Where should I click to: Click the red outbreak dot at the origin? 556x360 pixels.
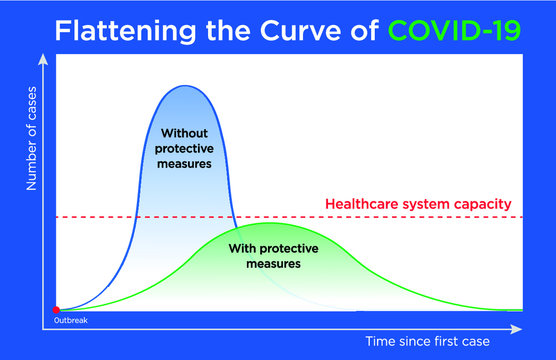[x=56, y=310]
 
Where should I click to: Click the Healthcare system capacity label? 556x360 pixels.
[x=418, y=205]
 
